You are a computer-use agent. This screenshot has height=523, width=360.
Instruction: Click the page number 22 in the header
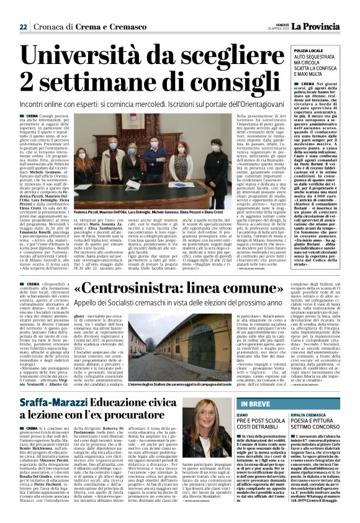(x=23, y=9)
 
